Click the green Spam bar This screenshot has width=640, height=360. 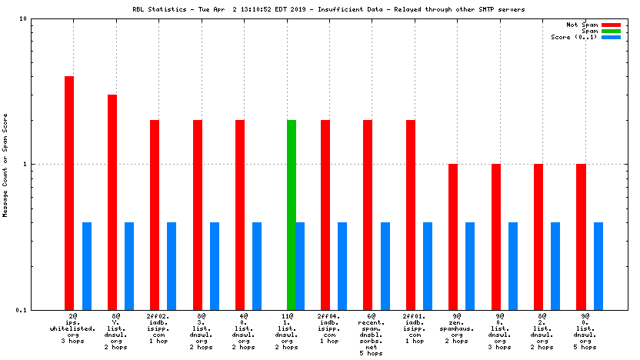coord(291,215)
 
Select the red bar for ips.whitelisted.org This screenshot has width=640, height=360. coord(69,192)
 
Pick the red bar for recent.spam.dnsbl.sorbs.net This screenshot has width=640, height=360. coord(368,215)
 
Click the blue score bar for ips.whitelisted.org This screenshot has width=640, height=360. coord(87,265)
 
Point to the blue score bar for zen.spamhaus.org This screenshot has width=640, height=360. coord(470,265)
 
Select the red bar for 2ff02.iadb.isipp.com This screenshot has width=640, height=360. coord(155,215)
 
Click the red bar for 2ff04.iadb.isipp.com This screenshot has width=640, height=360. coord(325,215)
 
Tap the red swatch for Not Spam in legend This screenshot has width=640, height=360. coord(611,25)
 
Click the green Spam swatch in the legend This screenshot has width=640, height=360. coord(611,31)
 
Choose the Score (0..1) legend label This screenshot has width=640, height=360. coord(574,37)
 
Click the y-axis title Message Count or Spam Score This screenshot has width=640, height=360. coord(6,164)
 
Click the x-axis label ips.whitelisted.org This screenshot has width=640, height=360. coord(73,328)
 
